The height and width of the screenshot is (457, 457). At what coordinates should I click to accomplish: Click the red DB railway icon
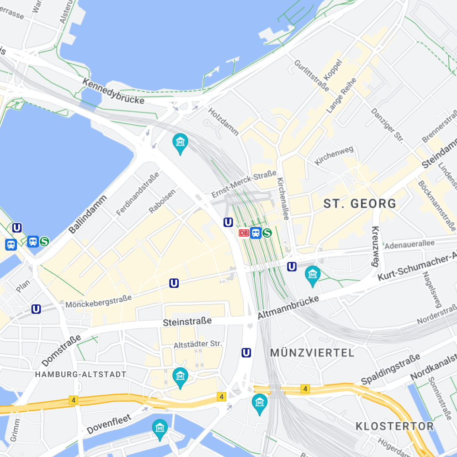coord(244,233)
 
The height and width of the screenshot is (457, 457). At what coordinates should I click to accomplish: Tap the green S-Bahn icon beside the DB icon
coord(267,233)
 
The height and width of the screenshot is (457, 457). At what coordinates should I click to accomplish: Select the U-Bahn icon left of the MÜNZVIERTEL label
coord(246,352)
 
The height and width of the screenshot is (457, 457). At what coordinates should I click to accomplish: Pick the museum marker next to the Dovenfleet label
coord(159,428)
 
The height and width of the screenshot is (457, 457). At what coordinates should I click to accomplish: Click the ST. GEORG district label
coord(360,204)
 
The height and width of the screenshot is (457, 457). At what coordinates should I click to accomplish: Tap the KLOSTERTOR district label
coord(394,426)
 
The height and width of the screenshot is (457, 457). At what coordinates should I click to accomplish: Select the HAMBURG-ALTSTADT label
coord(81,374)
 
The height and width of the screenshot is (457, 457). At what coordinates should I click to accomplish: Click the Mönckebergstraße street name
coord(98,301)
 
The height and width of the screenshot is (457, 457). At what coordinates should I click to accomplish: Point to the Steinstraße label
coord(187,322)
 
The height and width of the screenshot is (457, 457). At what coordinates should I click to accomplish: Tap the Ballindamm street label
coord(88,214)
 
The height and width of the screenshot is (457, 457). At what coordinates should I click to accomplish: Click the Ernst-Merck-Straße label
coord(244,184)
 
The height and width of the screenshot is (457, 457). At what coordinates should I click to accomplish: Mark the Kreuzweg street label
coord(375,246)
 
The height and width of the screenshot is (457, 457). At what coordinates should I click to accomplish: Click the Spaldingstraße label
coord(390,370)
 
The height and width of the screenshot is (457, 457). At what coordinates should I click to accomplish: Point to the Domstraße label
coord(61,351)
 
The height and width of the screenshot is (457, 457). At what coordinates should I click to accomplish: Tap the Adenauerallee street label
coord(409,245)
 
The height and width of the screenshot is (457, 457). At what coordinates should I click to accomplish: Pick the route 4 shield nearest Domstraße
coord(73,400)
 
